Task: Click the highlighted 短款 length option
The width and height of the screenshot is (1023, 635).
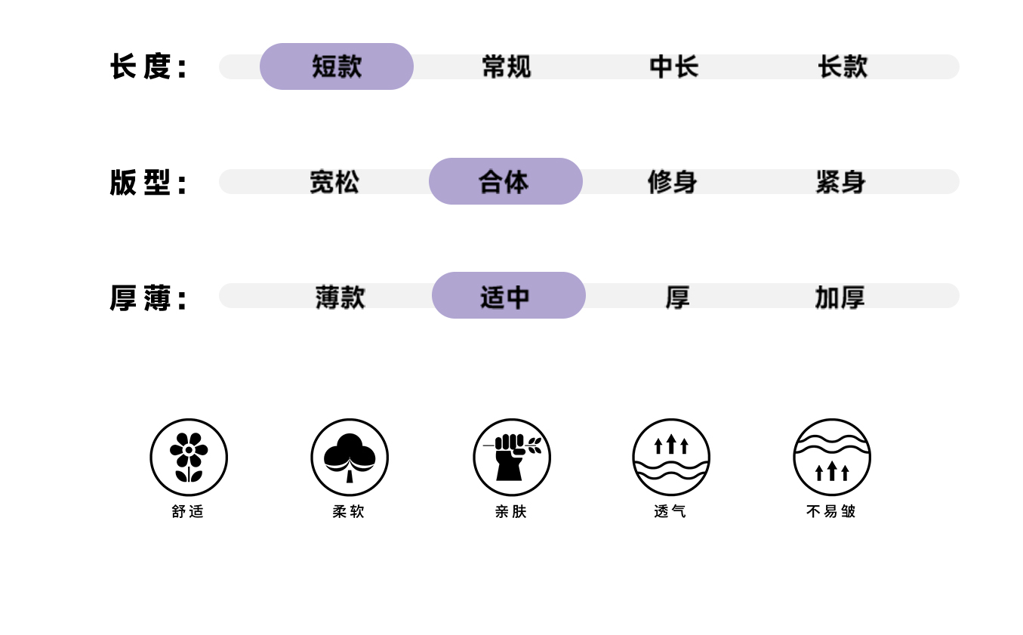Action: tap(337, 66)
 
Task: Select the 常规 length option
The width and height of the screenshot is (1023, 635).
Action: tap(506, 66)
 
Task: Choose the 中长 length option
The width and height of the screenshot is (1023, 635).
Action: tap(673, 66)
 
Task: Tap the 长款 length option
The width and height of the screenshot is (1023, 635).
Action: tap(843, 66)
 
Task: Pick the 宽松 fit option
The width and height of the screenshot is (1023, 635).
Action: tap(334, 182)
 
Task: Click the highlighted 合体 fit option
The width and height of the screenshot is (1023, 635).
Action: tap(505, 181)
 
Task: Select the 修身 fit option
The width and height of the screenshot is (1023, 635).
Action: tap(672, 182)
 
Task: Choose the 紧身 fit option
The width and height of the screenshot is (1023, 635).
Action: tap(840, 182)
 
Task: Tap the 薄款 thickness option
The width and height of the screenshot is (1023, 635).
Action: tap(340, 297)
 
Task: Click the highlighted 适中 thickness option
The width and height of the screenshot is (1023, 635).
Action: tap(508, 296)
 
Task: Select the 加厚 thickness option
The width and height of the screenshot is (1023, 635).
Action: tap(840, 297)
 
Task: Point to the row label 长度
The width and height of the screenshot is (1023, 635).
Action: tap(148, 67)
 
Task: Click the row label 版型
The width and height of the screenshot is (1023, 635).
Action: tap(148, 183)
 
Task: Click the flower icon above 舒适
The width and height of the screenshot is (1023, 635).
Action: tap(189, 457)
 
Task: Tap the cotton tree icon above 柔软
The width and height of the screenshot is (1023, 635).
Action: tap(350, 457)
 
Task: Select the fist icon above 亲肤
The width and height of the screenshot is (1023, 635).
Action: tap(512, 457)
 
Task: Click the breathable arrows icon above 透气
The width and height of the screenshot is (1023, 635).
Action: tap(671, 457)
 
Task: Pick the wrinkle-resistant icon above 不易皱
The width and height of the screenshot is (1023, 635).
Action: tap(832, 457)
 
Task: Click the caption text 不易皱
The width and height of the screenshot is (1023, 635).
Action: tap(831, 511)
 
